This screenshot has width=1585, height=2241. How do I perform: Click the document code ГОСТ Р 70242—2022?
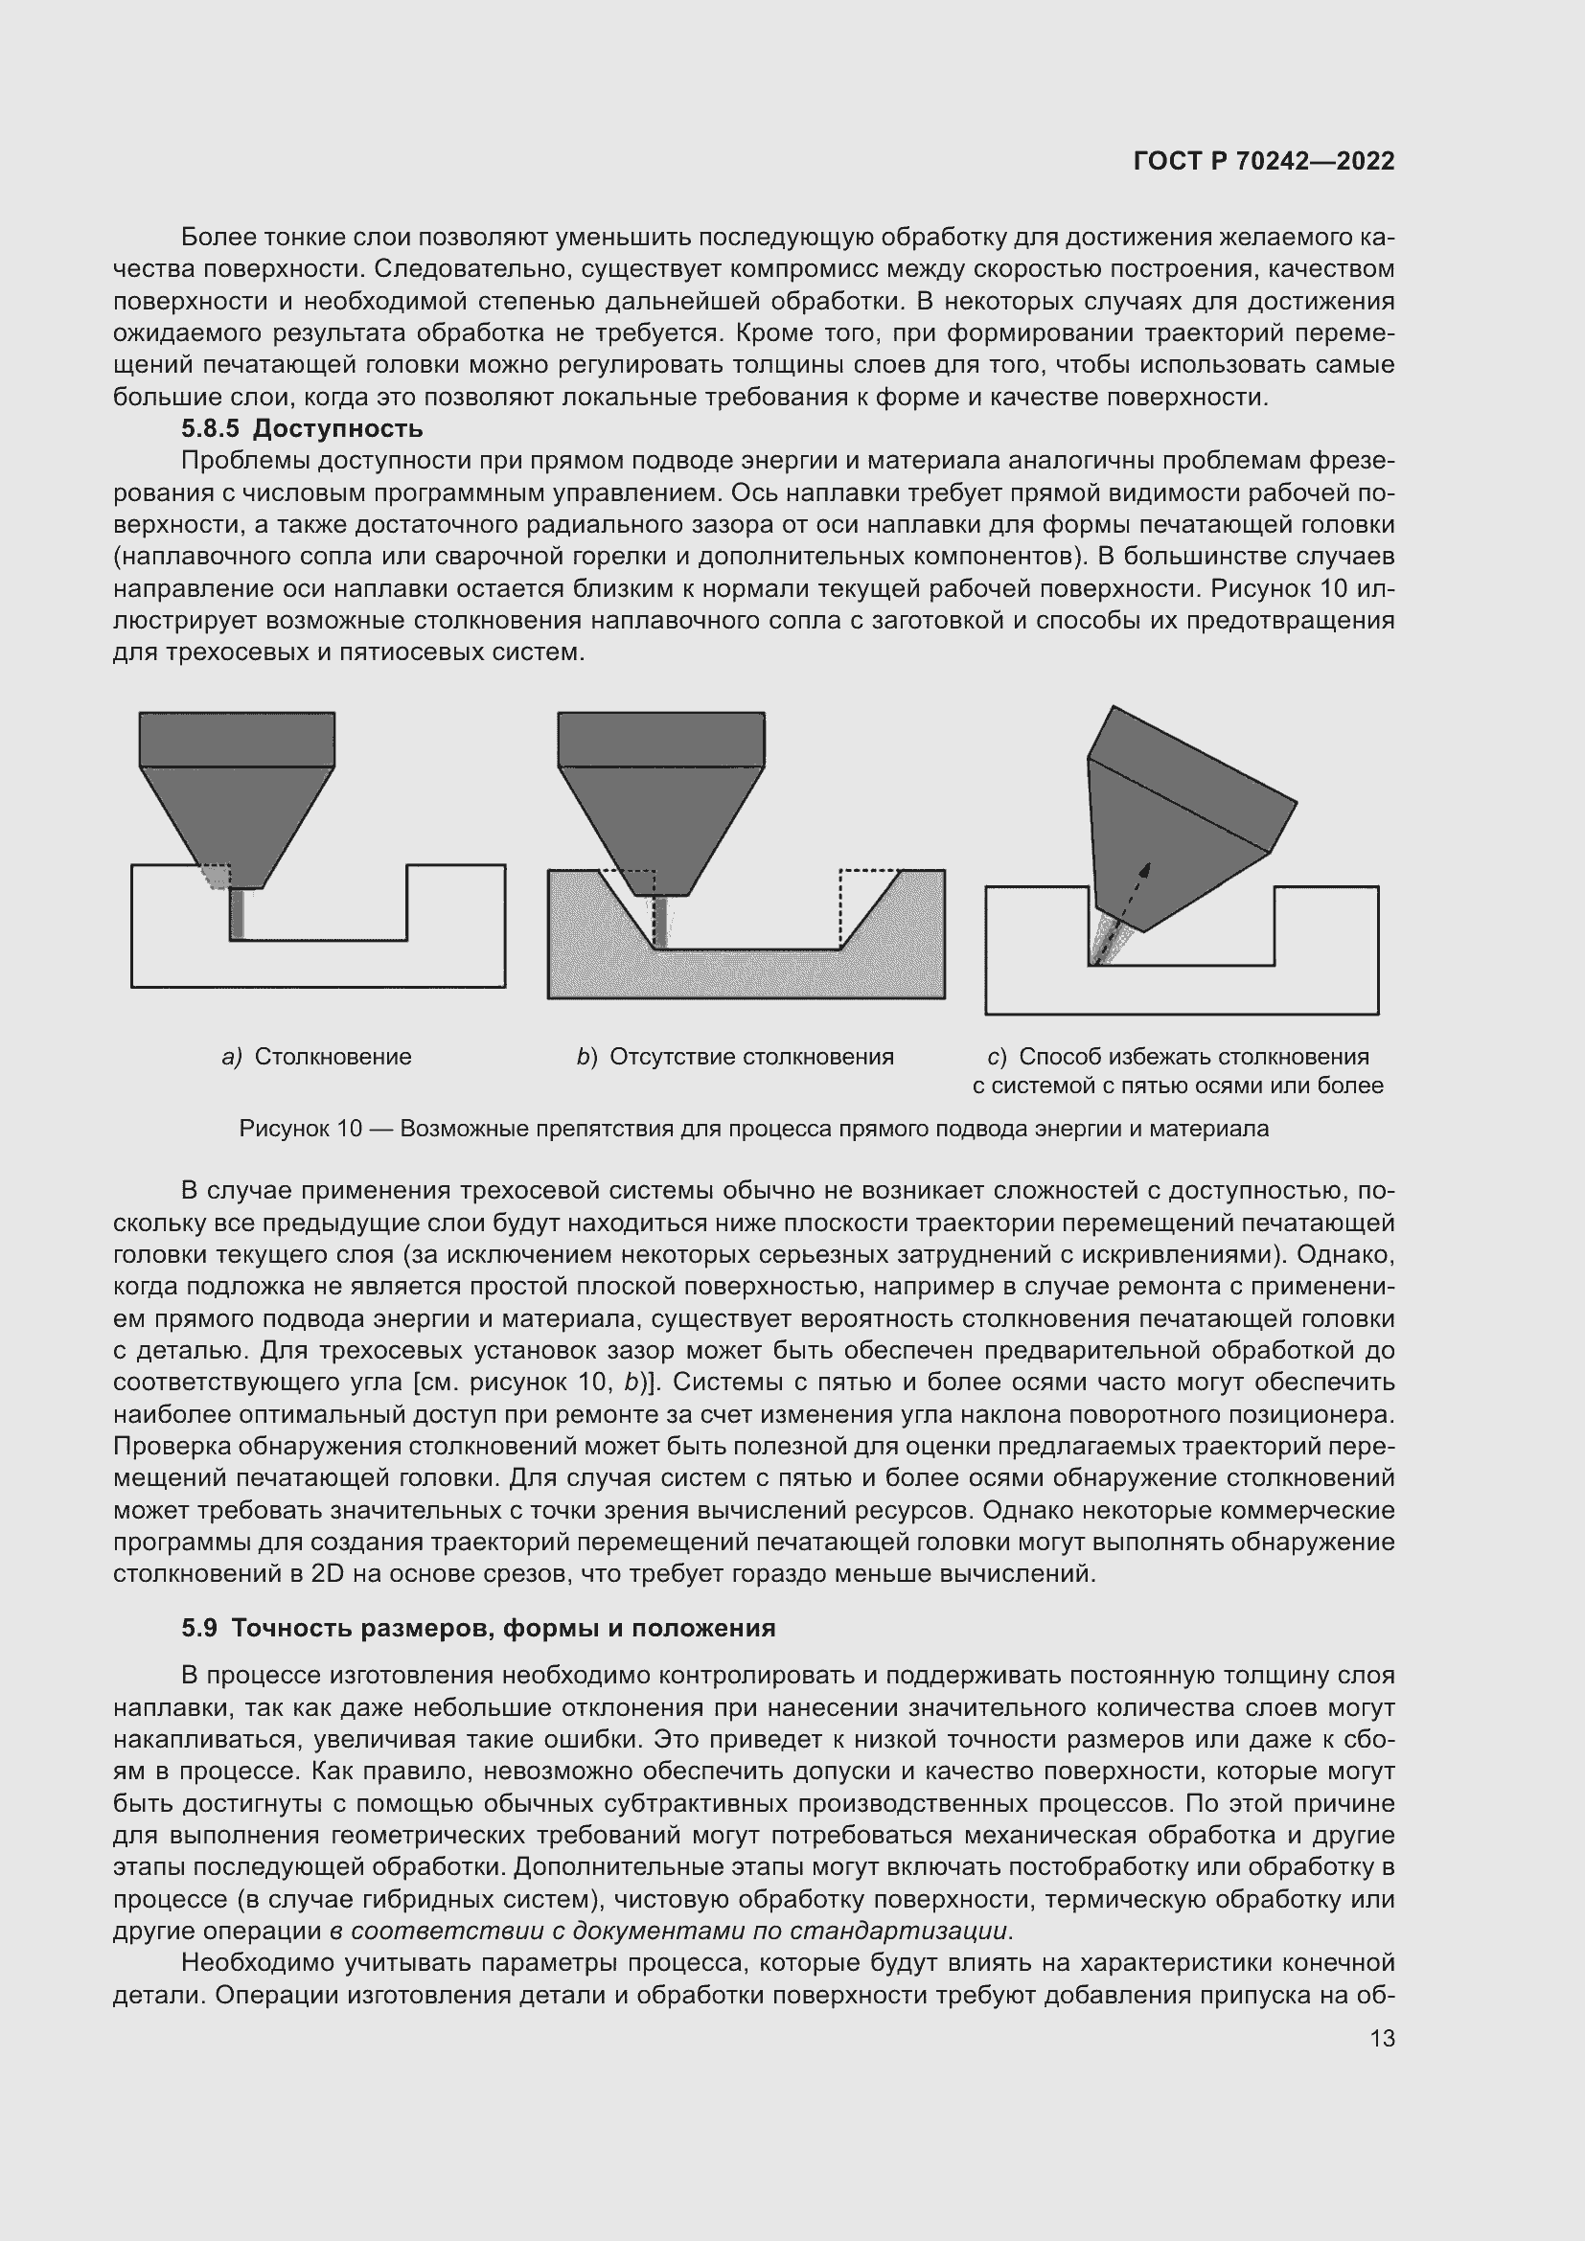pyautogui.click(x=1263, y=162)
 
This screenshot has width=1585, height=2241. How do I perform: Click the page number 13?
pyautogui.click(x=1382, y=2038)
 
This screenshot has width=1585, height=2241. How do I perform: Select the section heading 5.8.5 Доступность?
pyautogui.click(x=302, y=428)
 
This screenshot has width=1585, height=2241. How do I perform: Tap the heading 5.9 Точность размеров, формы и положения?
pyautogui.click(x=478, y=1628)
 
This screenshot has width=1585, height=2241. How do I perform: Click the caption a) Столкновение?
pyautogui.click(x=317, y=1056)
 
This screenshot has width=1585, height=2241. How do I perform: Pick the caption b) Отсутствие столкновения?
pyautogui.click(x=735, y=1056)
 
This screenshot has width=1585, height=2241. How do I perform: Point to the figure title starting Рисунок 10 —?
pyautogui.click(x=753, y=1129)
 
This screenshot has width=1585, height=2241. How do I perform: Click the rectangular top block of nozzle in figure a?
pyautogui.click(x=237, y=739)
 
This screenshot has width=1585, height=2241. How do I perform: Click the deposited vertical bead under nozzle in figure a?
pyautogui.click(x=236, y=914)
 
